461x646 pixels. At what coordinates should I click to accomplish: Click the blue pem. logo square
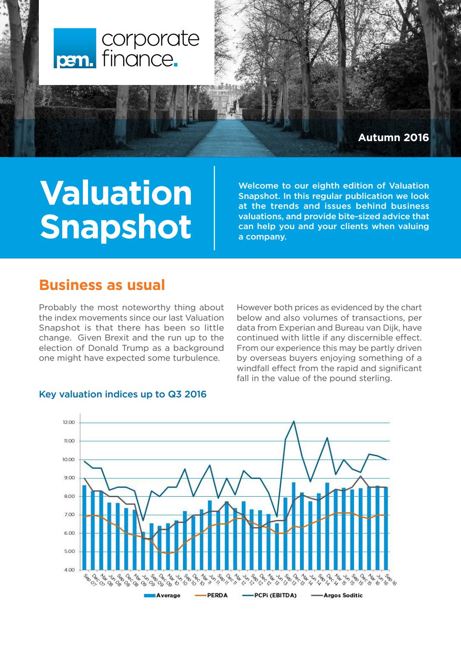click(75, 48)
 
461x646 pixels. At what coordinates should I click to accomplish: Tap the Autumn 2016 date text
click(393, 138)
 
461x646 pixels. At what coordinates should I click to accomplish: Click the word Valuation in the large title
click(116, 193)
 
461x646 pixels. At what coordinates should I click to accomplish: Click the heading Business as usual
click(102, 285)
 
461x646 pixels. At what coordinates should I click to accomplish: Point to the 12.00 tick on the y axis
click(69, 422)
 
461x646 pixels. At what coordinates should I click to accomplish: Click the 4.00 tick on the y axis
click(69, 570)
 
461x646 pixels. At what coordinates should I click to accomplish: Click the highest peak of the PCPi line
click(294, 421)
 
